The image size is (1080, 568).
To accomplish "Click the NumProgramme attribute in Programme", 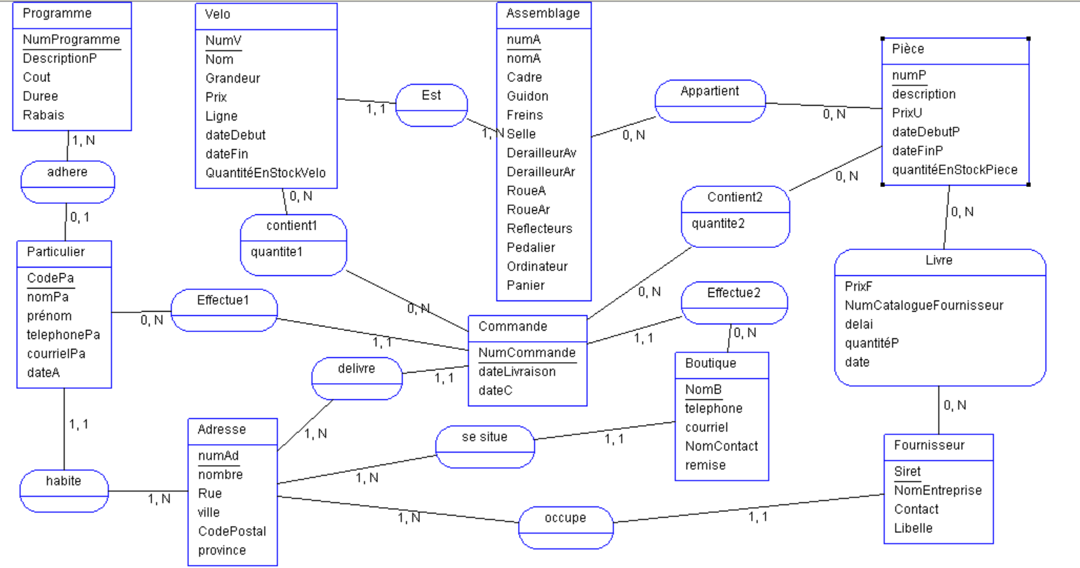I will [x=71, y=40].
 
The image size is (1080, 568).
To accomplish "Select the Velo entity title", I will [x=218, y=14].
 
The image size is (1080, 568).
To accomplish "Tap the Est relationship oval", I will [x=431, y=104].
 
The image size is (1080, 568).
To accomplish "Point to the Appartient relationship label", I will [x=710, y=91].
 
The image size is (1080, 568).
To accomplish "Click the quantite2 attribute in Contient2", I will [x=717, y=224].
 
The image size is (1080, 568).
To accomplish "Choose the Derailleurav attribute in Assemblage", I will [x=541, y=153].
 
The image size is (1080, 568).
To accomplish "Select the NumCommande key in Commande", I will [x=527, y=353].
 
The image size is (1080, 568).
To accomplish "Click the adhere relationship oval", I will [x=67, y=181].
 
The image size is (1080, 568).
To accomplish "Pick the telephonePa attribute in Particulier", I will [x=64, y=335].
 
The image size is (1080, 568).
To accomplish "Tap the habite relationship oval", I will [x=64, y=490].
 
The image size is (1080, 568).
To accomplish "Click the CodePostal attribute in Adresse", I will [x=232, y=532].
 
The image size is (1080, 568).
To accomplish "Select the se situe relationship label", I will [x=484, y=437].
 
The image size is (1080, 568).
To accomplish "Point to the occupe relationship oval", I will [x=566, y=527].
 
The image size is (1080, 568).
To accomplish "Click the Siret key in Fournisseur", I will [x=907, y=471].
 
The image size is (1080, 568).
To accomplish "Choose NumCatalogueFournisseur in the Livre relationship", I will [x=924, y=305].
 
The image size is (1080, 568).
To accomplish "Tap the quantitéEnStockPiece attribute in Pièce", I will [x=955, y=169].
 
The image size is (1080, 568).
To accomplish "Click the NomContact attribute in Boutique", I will [x=721, y=446].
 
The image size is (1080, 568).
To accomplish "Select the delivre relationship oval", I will [x=357, y=377].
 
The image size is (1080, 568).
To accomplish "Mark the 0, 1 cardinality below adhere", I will [x=79, y=218].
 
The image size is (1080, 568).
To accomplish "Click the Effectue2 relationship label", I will [x=734, y=293].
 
